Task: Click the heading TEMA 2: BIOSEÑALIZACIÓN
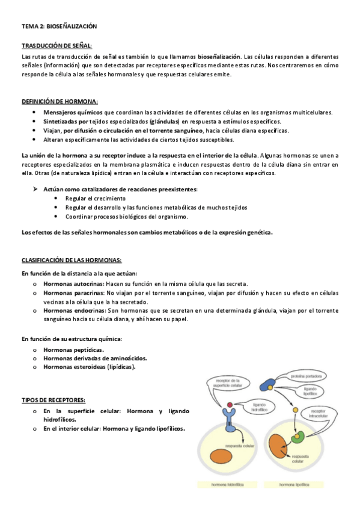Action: tap(59, 27)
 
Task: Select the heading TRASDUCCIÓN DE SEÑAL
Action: tap(57, 46)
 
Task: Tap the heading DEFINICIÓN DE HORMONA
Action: tap(59, 101)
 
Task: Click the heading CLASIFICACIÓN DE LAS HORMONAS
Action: tap(72, 260)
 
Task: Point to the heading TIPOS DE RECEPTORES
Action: tap(53, 400)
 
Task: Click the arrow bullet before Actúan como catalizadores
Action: tap(35, 189)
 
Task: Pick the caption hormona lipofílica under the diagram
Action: tap(295, 484)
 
